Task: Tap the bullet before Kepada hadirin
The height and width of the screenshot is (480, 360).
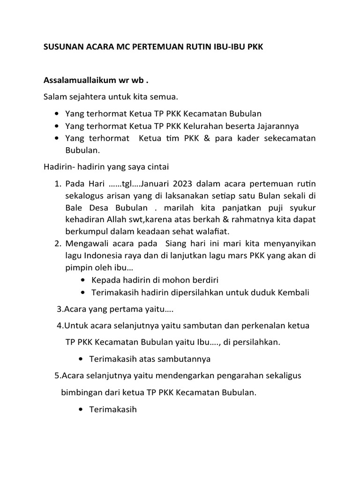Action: pyautogui.click(x=83, y=280)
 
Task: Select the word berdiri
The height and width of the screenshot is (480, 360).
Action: pyautogui.click(x=203, y=280)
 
